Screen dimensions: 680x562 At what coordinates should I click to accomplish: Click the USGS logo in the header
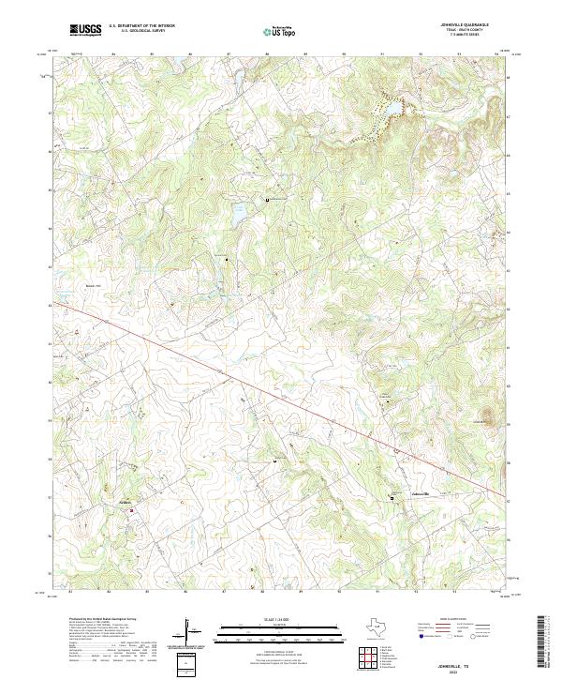[x=85, y=30]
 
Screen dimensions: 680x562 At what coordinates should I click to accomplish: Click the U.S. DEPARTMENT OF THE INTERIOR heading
[x=141, y=24]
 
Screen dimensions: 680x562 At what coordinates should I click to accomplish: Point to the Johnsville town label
[x=420, y=493]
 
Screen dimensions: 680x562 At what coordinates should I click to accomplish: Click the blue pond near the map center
[x=239, y=214]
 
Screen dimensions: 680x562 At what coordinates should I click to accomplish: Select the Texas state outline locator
[x=382, y=627]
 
